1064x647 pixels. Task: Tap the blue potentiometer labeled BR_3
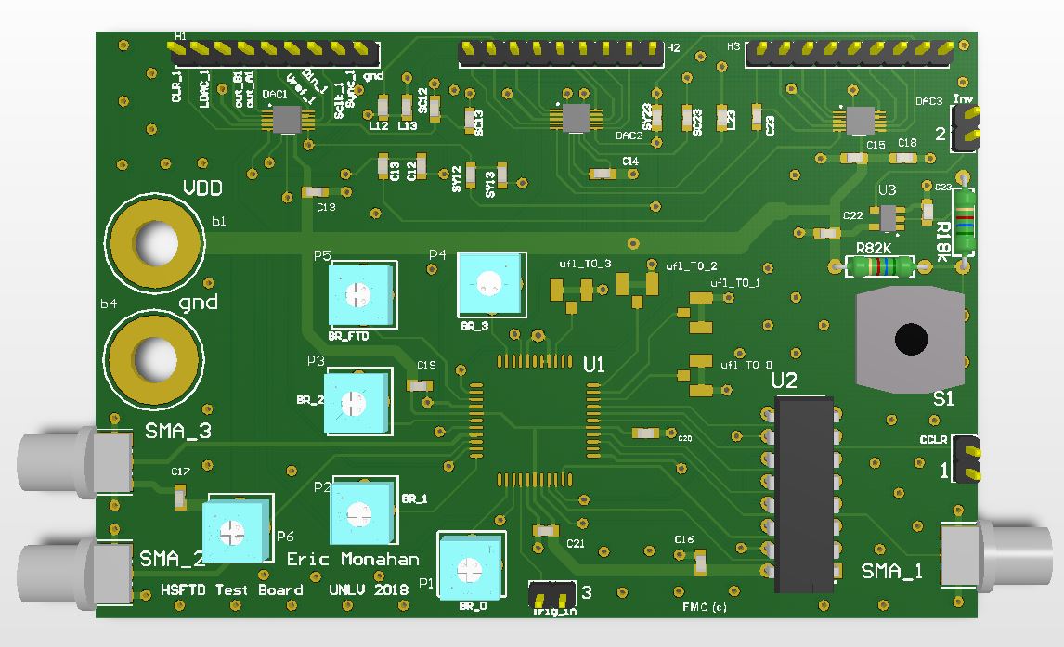(489, 283)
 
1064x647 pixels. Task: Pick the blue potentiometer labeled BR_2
(352, 402)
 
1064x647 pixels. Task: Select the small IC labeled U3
(889, 217)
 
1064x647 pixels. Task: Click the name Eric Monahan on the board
(352, 559)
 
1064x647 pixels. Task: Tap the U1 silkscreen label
(594, 366)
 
